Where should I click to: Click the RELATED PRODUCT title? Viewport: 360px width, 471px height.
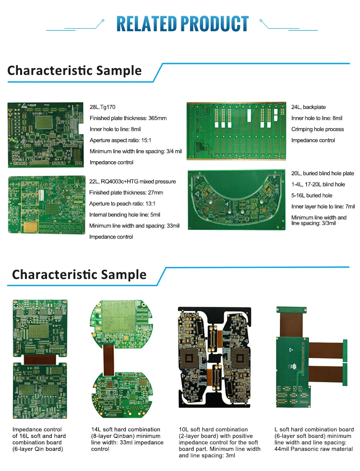pos(182,24)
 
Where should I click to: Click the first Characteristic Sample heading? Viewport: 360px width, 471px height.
pos(74,71)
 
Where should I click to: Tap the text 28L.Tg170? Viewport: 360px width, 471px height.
pos(103,107)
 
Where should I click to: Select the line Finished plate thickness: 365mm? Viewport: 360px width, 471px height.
pos(128,118)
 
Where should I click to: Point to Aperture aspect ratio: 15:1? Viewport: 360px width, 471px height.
pos(120,140)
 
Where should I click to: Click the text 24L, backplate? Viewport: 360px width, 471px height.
pos(308,107)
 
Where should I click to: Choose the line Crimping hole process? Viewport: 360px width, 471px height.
pos(317,129)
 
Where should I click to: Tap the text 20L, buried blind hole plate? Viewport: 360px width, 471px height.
pos(323,173)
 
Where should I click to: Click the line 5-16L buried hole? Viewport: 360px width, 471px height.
pos(312,195)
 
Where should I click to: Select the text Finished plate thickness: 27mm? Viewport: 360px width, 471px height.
pos(126,193)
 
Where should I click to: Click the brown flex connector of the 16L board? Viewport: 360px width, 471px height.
pos(40,359)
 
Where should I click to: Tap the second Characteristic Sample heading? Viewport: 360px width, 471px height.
pos(79,275)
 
